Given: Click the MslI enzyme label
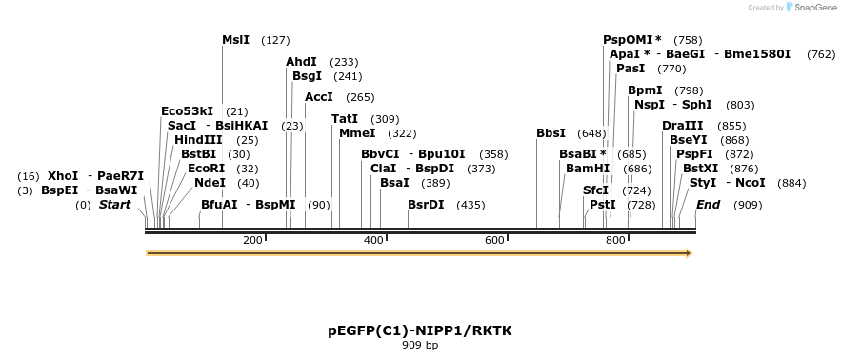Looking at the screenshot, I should pos(235,40).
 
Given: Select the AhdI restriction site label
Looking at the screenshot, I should pos(301,61).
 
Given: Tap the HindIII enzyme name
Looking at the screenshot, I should pos(198,139).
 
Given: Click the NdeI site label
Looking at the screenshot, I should pos(210,182).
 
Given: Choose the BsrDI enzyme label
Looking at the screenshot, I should pos(426,204).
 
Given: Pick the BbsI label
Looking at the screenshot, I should pos(551,132).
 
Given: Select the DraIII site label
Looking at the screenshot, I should pos(683,125).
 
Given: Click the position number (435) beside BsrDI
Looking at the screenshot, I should pos(471,205).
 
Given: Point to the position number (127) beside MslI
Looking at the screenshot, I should pos(275,41).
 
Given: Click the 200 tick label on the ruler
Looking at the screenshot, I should pos(252,240).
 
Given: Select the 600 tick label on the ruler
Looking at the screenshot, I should pos(494,240).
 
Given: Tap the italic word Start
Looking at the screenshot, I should pos(114,204).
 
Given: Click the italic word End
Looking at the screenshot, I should pos(708,204).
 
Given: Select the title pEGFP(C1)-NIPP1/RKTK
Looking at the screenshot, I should pos(420,330).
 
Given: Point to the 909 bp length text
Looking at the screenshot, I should pos(420,345).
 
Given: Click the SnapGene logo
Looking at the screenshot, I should pos(809,7).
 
